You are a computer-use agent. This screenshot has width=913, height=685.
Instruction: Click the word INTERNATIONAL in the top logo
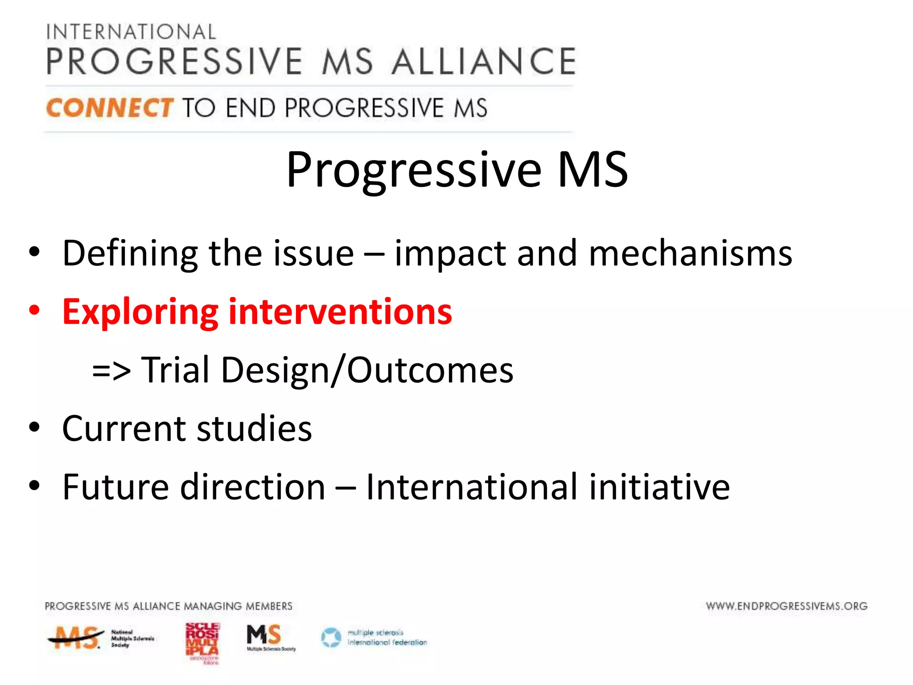coord(131,32)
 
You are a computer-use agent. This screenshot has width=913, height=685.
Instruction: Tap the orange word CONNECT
coord(109,108)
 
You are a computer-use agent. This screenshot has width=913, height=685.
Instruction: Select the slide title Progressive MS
coord(456,170)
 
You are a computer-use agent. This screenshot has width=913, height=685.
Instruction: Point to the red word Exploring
coord(140,312)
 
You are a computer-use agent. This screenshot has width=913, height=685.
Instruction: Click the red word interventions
coord(340,312)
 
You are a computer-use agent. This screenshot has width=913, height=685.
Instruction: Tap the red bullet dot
coord(34,310)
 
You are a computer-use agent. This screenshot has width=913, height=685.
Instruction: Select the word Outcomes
coord(430,370)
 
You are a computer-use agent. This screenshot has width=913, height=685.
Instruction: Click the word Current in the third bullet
coord(123,429)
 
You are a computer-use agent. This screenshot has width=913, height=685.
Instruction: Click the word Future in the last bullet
coord(115,487)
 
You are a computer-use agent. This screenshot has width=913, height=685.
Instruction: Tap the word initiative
coord(659,487)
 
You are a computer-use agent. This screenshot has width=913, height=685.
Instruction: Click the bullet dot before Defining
coord(34,252)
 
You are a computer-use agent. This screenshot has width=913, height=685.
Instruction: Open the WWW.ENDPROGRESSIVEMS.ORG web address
coord(786,606)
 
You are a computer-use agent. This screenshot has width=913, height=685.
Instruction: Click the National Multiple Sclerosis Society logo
coord(100,638)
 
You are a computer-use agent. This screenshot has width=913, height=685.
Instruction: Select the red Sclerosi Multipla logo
coord(202,642)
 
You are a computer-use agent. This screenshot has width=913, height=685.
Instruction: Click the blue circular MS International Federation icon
coord(331,638)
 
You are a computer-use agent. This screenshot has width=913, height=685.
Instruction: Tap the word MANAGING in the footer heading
coord(213,606)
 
